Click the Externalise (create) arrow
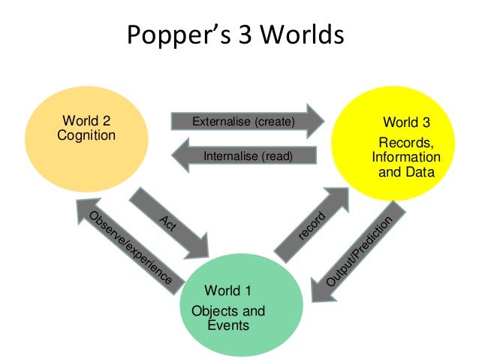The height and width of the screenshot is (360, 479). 248,121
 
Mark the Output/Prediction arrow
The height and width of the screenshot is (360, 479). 359,252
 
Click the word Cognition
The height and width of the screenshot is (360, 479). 86,136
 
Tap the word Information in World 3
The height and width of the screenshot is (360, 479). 406,158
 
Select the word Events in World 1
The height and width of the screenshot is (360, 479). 228,325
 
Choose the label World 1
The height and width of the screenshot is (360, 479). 228,291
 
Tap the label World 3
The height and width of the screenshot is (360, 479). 407,123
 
